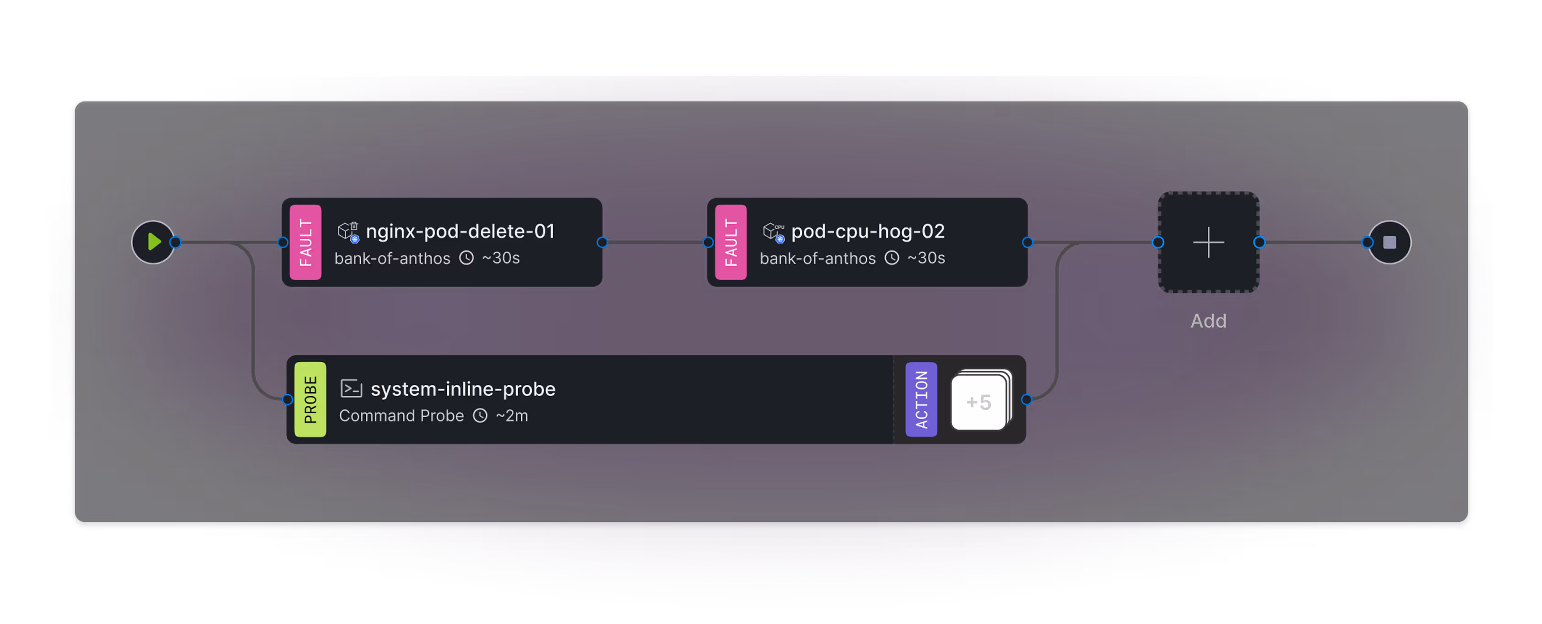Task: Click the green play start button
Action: point(153,242)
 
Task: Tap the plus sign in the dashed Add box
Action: point(1208,242)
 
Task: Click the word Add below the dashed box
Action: point(1208,321)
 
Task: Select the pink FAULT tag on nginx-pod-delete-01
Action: point(305,242)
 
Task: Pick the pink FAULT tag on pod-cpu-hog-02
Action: point(730,242)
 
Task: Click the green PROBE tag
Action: point(310,399)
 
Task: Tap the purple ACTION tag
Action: point(921,399)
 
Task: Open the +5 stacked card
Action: point(980,401)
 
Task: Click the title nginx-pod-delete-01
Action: point(460,231)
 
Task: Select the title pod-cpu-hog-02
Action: point(867,231)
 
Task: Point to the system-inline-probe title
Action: point(463,389)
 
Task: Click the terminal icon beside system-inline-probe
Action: point(351,389)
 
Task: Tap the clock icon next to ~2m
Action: point(480,415)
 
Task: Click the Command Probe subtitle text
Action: point(401,415)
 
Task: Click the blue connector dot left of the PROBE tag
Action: point(287,399)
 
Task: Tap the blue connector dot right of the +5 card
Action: point(1027,399)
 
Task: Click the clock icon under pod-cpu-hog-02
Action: point(892,258)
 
